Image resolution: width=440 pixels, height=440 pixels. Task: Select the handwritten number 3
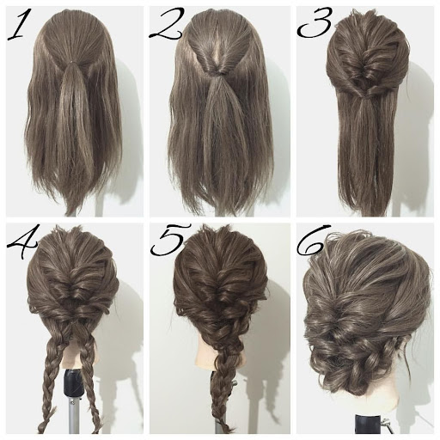click(315, 23)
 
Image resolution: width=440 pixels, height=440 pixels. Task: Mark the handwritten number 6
click(312, 240)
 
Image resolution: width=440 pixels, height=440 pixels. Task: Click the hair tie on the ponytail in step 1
click(70, 61)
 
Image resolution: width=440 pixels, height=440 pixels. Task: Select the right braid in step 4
click(89, 384)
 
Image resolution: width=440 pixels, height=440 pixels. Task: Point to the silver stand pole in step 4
click(73, 414)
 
